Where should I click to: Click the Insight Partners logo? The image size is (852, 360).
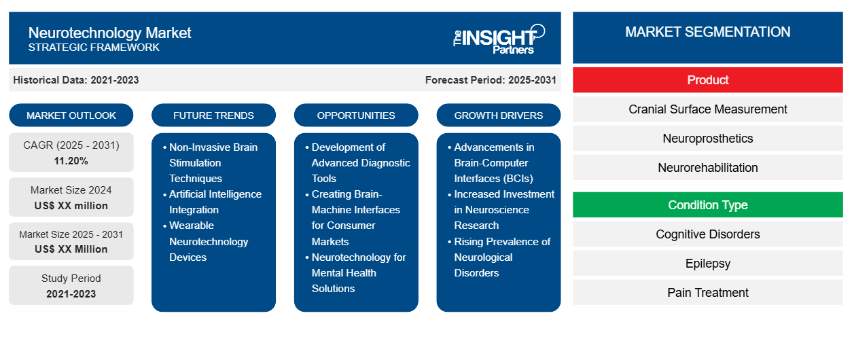(499, 38)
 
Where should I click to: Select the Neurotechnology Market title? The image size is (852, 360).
(109, 33)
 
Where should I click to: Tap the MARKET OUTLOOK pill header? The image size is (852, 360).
(71, 115)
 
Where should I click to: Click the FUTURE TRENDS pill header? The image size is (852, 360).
(213, 115)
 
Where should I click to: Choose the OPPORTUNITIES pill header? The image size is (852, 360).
(356, 115)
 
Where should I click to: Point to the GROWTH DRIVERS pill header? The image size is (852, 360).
(499, 115)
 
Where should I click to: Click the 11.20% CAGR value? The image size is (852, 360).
(71, 161)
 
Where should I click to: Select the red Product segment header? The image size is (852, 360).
(707, 80)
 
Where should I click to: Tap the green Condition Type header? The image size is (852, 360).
(707, 205)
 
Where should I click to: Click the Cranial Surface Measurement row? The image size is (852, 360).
(707, 109)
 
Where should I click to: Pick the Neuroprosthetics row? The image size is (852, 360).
(707, 139)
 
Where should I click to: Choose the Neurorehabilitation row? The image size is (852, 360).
(707, 168)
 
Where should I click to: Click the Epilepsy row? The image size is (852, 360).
(707, 264)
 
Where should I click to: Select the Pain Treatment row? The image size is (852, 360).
(707, 293)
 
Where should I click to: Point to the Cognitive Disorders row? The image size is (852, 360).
(707, 234)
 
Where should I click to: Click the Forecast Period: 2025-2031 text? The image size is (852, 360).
(491, 80)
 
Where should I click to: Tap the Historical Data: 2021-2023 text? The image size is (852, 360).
(76, 80)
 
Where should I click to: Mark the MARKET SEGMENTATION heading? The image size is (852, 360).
(707, 32)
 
